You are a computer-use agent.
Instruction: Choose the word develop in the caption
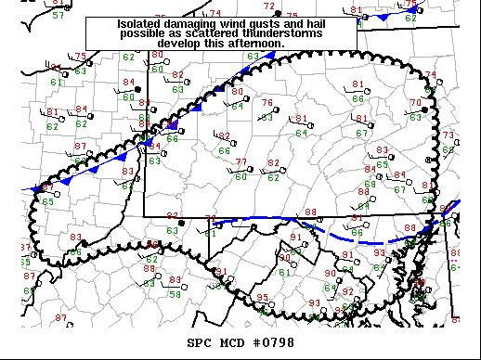pyautogui.click(x=180, y=43)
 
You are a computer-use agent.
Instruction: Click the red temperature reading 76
pyautogui.click(x=267, y=103)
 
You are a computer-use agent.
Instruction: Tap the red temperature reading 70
pyautogui.click(x=417, y=102)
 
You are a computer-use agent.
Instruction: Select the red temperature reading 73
pyautogui.click(x=448, y=135)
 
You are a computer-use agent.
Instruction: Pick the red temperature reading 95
pyautogui.click(x=263, y=298)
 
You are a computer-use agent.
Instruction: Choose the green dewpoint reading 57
pyautogui.click(x=58, y=16)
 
